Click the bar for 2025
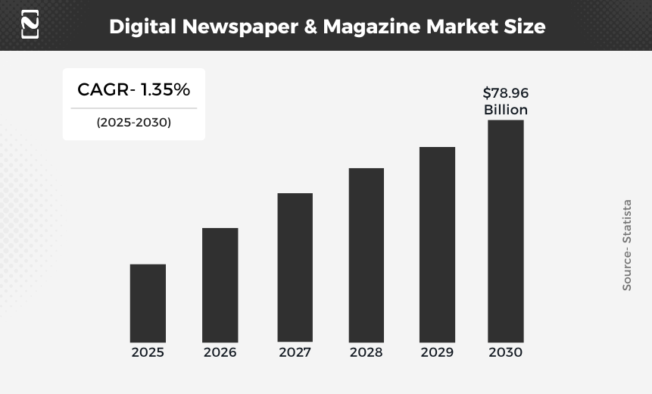click(x=148, y=303)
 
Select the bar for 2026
click(x=220, y=285)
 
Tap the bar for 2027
click(x=295, y=267)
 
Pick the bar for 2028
click(x=366, y=255)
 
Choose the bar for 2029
click(x=437, y=244)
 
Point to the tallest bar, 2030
click(x=505, y=231)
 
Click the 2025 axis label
click(x=148, y=352)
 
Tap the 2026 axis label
click(x=220, y=352)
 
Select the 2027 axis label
click(x=295, y=352)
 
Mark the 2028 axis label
click(x=366, y=352)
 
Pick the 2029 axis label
click(x=437, y=352)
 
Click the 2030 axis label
click(x=505, y=352)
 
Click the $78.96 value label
click(x=506, y=93)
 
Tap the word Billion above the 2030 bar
click(x=506, y=110)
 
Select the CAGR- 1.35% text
click(x=133, y=89)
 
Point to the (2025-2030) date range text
click(x=133, y=122)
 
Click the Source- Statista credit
click(x=627, y=245)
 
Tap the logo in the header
click(x=30, y=24)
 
